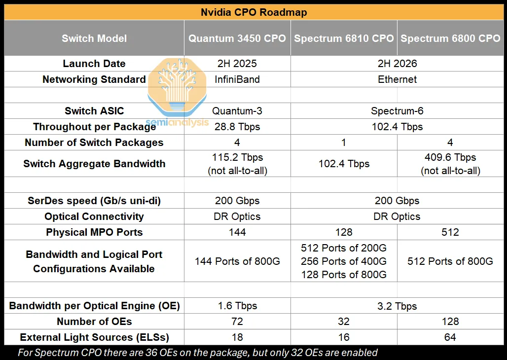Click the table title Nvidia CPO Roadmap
tap(253, 12)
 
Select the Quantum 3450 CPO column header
tap(237, 38)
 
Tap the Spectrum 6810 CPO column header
tap(344, 38)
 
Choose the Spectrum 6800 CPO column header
tap(450, 38)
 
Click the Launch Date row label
tap(94, 64)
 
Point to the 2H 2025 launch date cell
tap(237, 64)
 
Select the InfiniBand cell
tap(237, 79)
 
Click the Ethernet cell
tap(397, 79)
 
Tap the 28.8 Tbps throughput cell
tap(237, 127)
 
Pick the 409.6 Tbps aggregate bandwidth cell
tap(450, 164)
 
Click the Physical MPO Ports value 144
tap(237, 232)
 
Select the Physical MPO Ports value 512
tap(450, 232)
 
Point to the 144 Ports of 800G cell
tap(237, 261)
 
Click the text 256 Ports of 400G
tap(344, 261)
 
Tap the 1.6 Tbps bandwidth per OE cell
tap(237, 306)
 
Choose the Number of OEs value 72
tap(237, 322)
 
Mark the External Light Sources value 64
tap(450, 337)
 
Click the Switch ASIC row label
tap(94, 111)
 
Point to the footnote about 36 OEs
tap(198, 353)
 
